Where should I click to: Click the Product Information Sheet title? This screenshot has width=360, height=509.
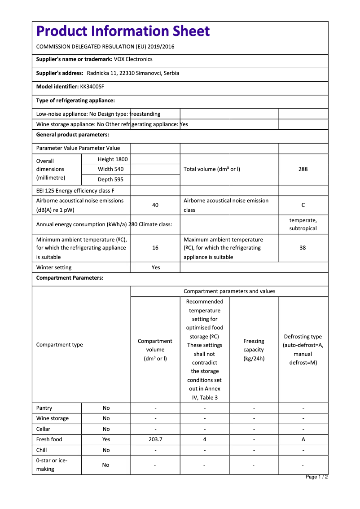(123, 31)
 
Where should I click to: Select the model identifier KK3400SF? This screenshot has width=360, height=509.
(92, 87)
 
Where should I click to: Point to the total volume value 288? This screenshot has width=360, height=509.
(303, 169)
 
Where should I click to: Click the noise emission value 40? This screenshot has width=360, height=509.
(155, 205)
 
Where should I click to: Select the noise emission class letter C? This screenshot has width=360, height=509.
(303, 205)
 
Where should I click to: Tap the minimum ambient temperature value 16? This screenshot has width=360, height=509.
(155, 248)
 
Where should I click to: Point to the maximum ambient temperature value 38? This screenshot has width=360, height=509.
(303, 248)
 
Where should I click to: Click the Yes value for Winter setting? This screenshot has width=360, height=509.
(155, 268)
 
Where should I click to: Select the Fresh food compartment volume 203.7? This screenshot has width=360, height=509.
(155, 439)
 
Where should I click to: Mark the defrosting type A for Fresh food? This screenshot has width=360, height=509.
(303, 439)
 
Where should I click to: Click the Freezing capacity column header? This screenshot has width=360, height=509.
(254, 350)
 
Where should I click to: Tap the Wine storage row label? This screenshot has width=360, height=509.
(53, 418)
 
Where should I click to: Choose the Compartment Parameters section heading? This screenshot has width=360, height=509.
(70, 278)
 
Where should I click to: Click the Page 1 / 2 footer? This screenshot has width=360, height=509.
(316, 477)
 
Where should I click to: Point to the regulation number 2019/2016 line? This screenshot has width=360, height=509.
(105, 47)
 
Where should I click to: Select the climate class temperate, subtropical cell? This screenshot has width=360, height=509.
(303, 224)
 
